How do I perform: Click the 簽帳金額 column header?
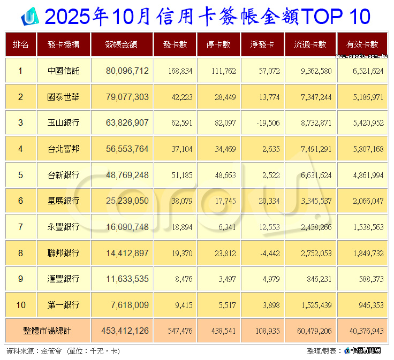coord(122,45)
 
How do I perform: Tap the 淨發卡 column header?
coord(262,45)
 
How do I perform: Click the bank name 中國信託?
coord(63,71)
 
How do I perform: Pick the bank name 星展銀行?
coord(63,201)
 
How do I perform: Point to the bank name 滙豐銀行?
coord(63,279)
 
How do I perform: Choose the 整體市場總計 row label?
coord(47,332)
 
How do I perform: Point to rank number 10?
coord(20,305)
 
